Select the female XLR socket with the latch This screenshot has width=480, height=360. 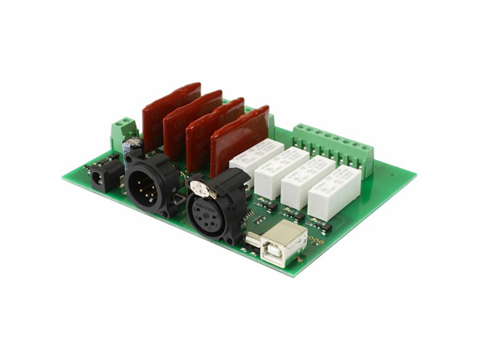[216, 210]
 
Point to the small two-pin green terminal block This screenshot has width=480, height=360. [123, 130]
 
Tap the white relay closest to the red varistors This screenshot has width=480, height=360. [255, 157]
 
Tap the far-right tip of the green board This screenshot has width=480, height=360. [415, 174]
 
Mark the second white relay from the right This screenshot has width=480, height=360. [306, 179]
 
